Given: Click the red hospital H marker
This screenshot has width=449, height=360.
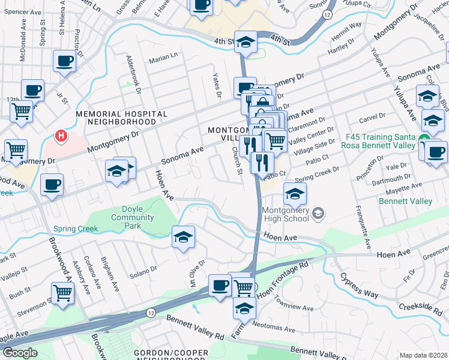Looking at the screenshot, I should point(61,136).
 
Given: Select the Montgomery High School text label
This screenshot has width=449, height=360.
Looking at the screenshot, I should point(286,214).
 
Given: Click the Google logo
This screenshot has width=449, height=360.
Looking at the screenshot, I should point(19,353).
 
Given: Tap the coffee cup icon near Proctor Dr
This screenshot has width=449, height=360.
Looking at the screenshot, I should point(65,60).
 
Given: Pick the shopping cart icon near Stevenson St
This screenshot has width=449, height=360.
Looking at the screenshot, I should point(62,293).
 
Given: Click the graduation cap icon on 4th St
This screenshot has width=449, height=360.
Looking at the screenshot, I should point(246,42).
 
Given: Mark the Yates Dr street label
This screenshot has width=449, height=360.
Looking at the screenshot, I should point(217,85).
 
